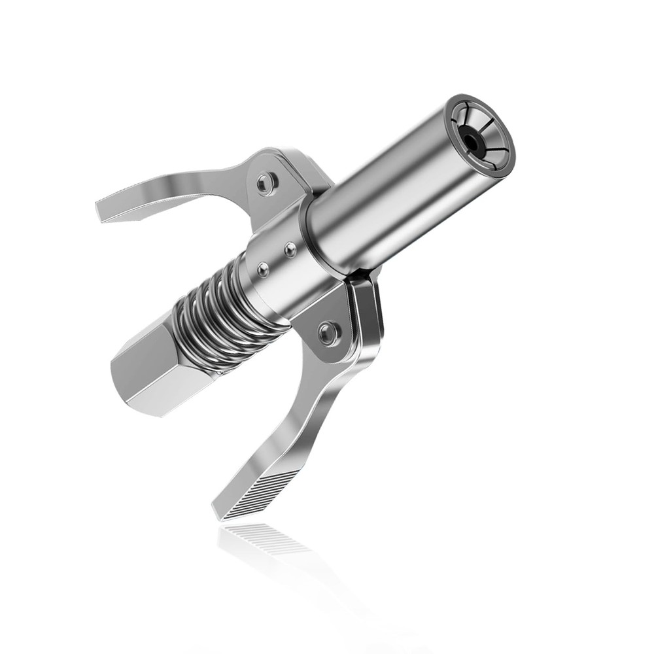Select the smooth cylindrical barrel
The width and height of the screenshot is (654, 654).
click(x=386, y=190)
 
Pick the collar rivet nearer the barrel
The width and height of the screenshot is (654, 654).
click(x=290, y=249)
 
